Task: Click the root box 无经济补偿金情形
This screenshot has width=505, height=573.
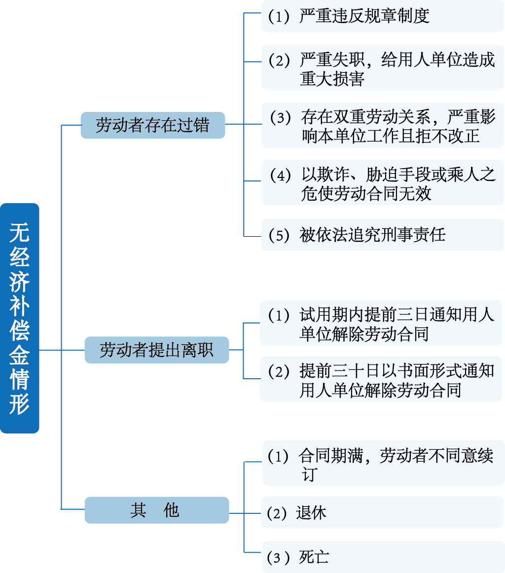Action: point(20,318)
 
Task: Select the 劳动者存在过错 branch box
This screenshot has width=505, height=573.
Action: point(152,125)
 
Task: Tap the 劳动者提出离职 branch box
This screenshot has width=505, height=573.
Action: point(156,350)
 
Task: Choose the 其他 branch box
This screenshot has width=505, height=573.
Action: point(156,510)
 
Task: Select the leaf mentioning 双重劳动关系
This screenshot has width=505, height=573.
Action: point(382,125)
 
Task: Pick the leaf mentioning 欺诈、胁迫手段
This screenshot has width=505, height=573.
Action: point(382,182)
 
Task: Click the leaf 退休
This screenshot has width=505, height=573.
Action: point(311,513)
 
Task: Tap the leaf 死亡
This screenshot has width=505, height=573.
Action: point(314,558)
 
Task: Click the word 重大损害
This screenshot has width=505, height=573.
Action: point(332,79)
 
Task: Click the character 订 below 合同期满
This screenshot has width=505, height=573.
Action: point(309,474)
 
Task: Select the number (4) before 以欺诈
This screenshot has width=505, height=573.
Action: point(281,175)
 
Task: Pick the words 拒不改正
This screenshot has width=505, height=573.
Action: point(442,136)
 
